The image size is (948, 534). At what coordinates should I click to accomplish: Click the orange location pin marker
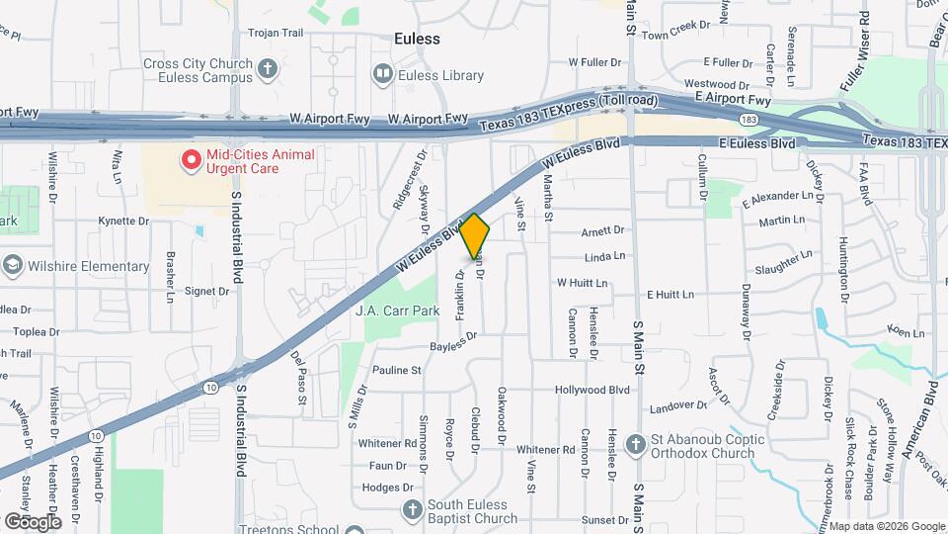[475, 236]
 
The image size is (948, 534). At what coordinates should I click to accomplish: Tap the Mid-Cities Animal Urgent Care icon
[190, 158]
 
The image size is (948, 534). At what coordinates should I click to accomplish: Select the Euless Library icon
[381, 74]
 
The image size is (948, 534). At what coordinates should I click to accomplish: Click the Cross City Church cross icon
[268, 69]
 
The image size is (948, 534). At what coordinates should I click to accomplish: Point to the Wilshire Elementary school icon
[12, 266]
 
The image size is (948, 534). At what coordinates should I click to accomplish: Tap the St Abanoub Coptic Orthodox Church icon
[634, 446]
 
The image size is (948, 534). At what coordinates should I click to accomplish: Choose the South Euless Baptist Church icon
[414, 509]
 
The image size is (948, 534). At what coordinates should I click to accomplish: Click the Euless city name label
[417, 39]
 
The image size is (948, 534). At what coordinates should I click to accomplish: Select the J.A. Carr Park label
[396, 310]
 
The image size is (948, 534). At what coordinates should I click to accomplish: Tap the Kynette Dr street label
[123, 221]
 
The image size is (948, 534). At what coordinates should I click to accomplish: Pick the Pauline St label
[397, 370]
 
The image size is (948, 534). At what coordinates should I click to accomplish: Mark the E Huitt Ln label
[671, 295]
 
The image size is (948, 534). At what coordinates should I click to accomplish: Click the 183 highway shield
[750, 120]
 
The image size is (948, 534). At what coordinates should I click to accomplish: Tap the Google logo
[33, 521]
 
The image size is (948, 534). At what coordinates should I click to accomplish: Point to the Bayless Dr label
[454, 341]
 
